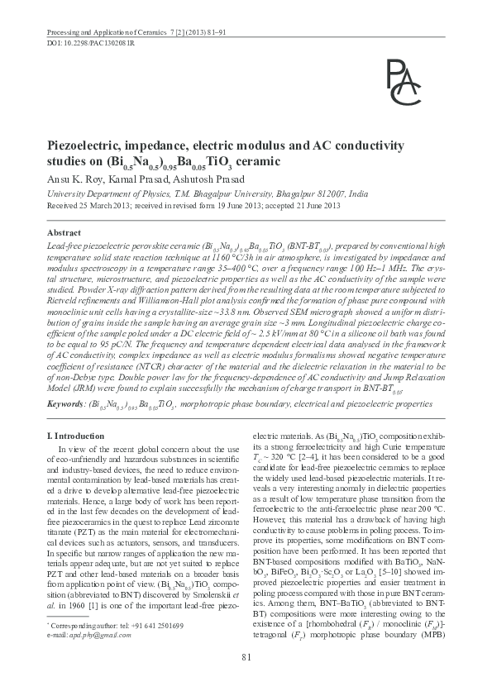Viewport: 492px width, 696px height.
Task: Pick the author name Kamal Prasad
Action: pyautogui.click(x=122, y=179)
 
